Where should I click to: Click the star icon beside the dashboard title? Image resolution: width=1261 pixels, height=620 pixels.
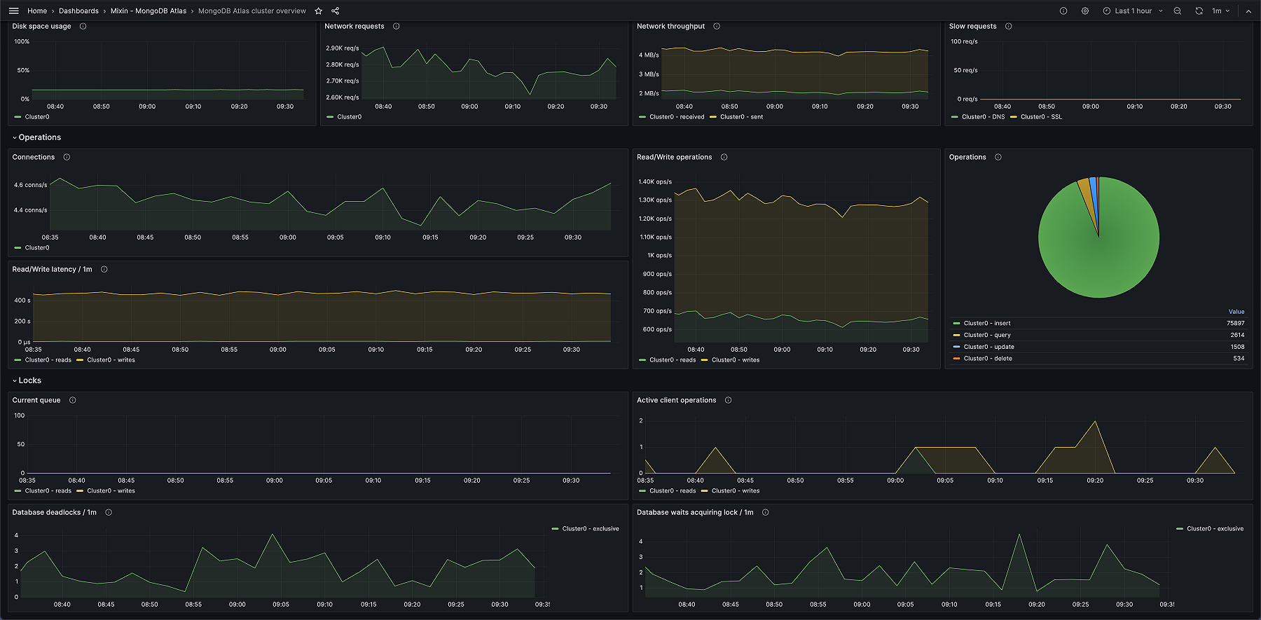[x=318, y=11]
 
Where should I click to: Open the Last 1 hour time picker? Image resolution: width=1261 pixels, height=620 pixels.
[x=1132, y=11]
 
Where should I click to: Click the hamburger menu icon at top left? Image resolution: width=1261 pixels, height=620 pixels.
[x=14, y=11]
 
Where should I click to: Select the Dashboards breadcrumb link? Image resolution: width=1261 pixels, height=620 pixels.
[x=78, y=11]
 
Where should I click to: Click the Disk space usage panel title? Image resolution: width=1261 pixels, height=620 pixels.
[x=41, y=27]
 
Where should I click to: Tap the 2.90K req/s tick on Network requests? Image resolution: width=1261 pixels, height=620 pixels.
[x=342, y=48]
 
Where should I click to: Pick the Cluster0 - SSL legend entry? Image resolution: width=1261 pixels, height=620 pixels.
[x=1040, y=117]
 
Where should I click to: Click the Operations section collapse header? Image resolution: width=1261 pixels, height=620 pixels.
[x=39, y=137]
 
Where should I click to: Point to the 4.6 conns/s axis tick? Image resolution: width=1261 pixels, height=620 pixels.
[x=30, y=185]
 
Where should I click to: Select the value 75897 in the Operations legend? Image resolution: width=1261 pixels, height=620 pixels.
[x=1235, y=324]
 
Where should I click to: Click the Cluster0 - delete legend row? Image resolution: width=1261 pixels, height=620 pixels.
[x=987, y=359]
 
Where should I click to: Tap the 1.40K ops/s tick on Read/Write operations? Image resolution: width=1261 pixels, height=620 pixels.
[x=654, y=181]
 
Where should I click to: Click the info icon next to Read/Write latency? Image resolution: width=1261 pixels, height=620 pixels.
[x=104, y=270]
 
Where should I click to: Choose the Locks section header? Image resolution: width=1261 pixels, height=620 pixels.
[x=29, y=380]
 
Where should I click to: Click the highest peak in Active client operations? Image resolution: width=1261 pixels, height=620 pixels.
[x=1095, y=422]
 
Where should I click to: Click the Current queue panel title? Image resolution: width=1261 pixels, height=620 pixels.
[x=36, y=401]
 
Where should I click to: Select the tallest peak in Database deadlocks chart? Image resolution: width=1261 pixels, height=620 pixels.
[x=273, y=535]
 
